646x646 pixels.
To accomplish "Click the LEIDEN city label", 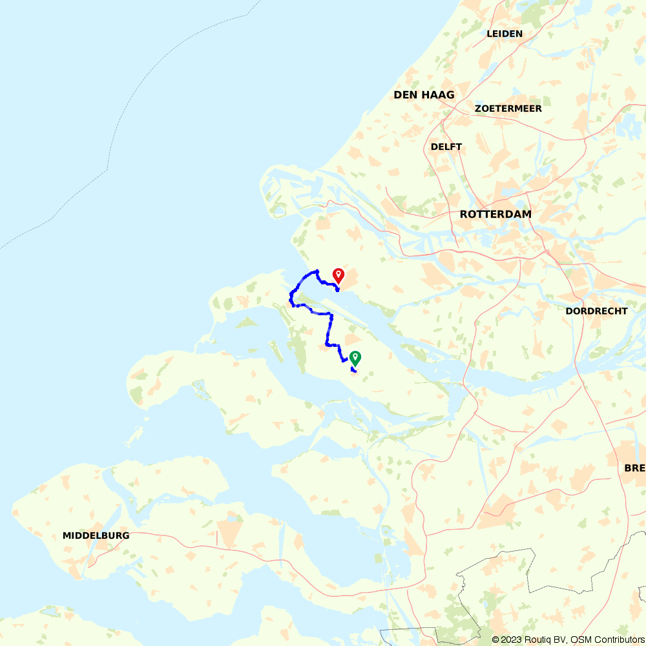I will [505, 34].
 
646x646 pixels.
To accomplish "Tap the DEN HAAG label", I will [424, 95].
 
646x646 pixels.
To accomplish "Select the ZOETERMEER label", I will [508, 109].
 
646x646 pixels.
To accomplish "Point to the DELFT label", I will [446, 147].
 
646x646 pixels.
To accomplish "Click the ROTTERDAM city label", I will [495, 214].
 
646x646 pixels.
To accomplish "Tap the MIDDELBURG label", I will [96, 536].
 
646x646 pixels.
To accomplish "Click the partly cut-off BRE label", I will [634, 468].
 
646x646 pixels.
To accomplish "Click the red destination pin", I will [338, 276].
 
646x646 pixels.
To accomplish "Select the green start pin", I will [355, 358].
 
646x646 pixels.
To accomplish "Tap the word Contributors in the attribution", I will [618, 640].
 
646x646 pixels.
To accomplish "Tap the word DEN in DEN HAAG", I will [404, 95].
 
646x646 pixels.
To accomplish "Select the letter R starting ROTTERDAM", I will [463, 214].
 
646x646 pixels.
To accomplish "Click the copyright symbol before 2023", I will [495, 640].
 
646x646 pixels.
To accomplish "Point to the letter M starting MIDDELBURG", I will [67, 536].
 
